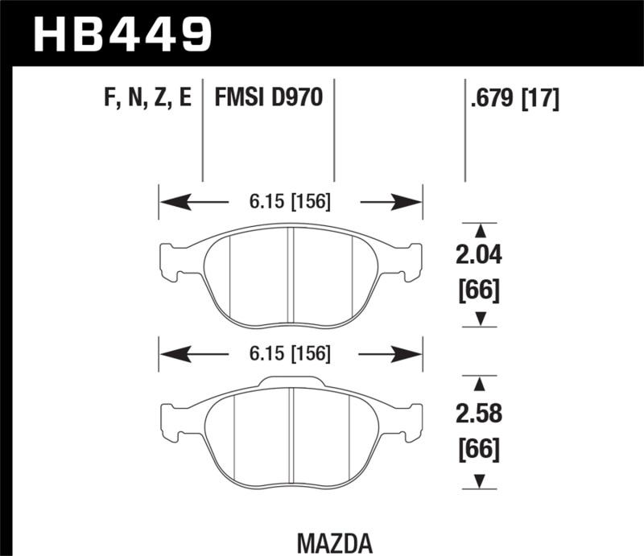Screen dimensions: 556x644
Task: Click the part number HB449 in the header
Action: click(122, 33)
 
